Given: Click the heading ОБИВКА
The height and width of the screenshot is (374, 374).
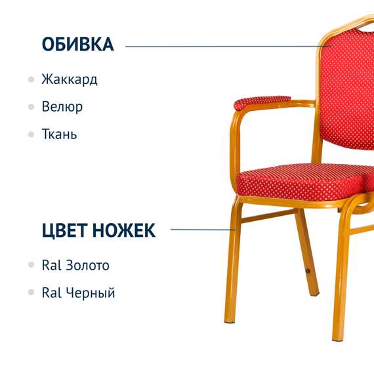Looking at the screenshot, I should point(77,45).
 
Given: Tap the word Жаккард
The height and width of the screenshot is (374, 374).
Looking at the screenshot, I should point(69,80).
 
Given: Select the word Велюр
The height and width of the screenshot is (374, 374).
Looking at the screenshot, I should point(62,107).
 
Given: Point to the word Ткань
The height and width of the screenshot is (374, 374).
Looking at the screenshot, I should point(59,134).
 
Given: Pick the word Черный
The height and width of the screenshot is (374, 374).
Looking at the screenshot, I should point(91,293).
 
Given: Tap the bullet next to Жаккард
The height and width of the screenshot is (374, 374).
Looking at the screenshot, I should point(31,80).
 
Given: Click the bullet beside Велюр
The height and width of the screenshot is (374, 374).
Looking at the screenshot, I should point(31,107).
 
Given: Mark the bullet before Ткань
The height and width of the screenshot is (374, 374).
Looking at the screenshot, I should point(31,134).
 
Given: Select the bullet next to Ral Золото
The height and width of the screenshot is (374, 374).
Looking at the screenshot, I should point(31,266).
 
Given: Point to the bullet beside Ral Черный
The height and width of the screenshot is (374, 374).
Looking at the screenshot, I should point(31,293).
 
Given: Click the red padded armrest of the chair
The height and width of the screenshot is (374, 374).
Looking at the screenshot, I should point(261,102).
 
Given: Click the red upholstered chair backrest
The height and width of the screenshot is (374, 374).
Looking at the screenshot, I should point(348,85).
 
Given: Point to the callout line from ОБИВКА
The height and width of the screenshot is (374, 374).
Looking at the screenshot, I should point(223,47).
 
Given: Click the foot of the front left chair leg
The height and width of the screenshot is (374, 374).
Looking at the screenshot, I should point(229,320).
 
